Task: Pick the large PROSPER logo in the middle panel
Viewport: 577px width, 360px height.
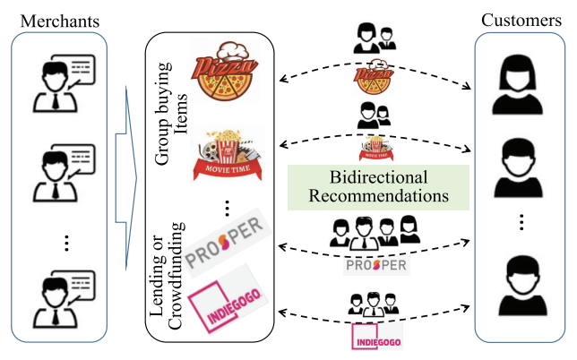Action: coord(229,235)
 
